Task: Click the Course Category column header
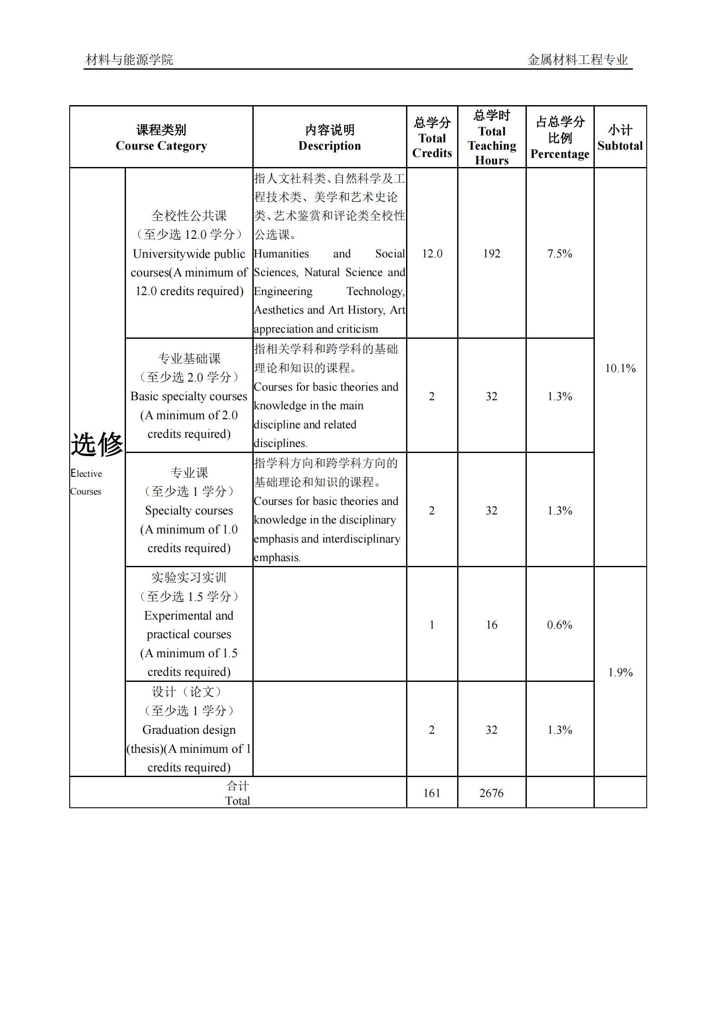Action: (x=161, y=138)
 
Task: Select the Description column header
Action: (x=329, y=138)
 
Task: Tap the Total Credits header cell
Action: (x=432, y=138)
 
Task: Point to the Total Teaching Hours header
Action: (x=492, y=138)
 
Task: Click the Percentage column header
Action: (x=559, y=138)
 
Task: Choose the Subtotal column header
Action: (x=620, y=138)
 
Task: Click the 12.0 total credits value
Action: (x=432, y=254)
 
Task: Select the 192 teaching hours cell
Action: (x=492, y=254)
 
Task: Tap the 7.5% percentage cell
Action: (x=559, y=254)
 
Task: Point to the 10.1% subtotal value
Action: (x=620, y=369)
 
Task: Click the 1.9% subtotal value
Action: (x=620, y=673)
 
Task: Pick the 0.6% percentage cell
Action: (x=559, y=625)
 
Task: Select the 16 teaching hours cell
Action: (x=492, y=625)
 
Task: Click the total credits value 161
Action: (x=432, y=794)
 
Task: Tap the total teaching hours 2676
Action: (x=492, y=794)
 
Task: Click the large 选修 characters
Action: (x=97, y=444)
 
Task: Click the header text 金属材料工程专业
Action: (x=577, y=60)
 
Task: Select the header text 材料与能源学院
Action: (x=129, y=60)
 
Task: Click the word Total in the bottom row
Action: (x=238, y=801)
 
